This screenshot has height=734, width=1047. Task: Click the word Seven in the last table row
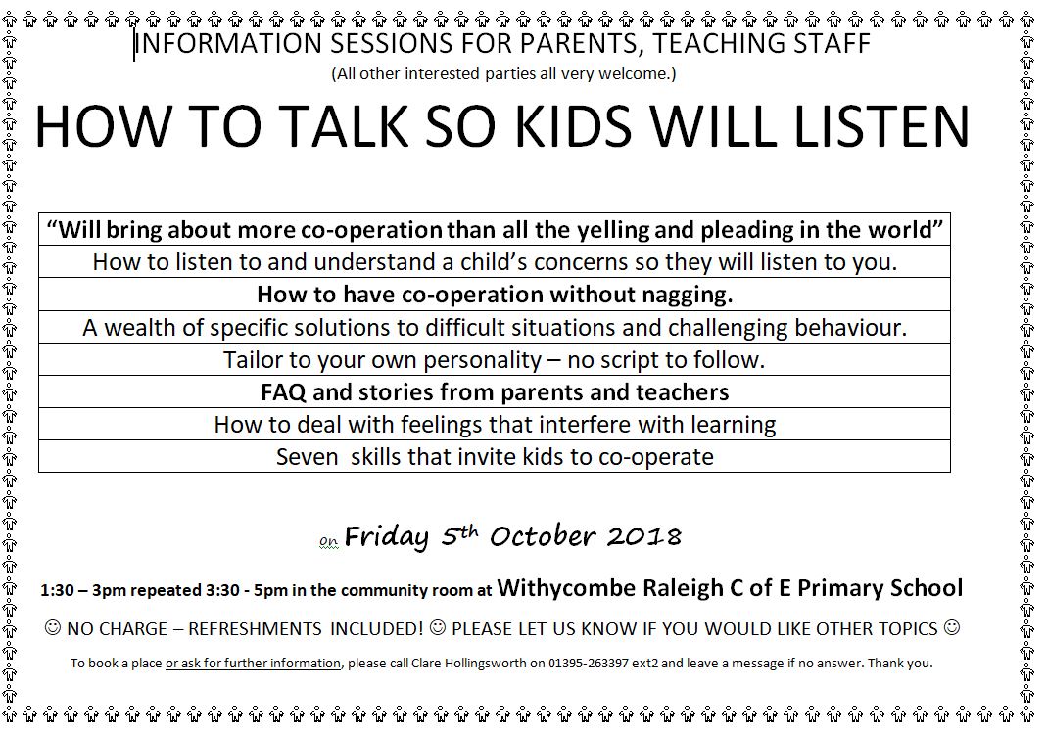pyautogui.click(x=308, y=457)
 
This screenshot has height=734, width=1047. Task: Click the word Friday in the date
pyautogui.click(x=386, y=537)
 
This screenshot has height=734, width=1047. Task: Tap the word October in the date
pyautogui.click(x=543, y=536)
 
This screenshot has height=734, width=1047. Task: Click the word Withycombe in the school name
pyautogui.click(x=567, y=588)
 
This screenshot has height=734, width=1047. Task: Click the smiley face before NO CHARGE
pyautogui.click(x=52, y=628)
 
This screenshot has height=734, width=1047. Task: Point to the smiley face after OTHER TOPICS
pyautogui.click(x=952, y=628)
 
